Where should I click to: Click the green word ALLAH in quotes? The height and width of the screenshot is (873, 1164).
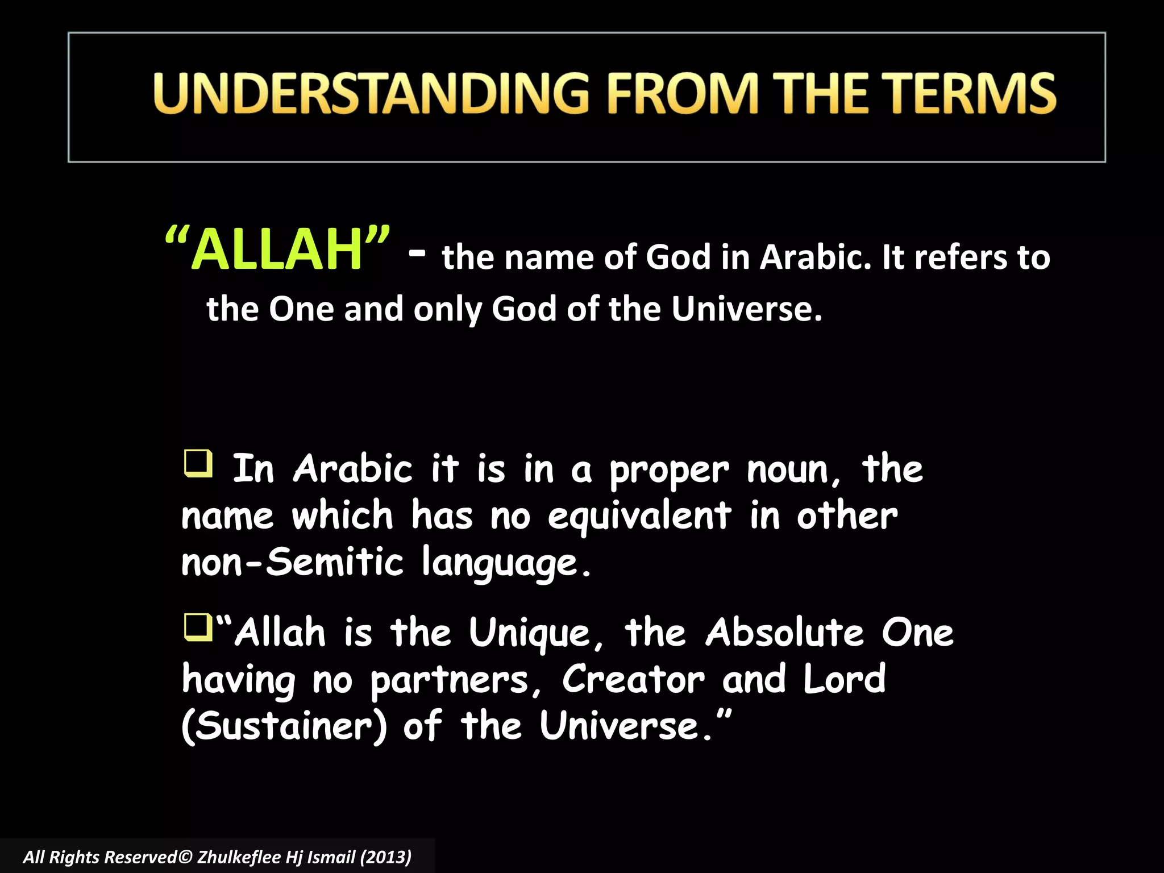[277, 250]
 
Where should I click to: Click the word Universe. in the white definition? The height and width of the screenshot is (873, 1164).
[746, 310]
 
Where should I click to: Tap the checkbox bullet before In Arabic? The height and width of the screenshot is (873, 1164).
[198, 463]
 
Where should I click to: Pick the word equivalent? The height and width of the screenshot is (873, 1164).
[639, 516]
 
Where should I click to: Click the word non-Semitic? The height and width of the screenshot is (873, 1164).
[292, 562]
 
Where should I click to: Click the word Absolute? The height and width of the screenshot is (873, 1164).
[785, 633]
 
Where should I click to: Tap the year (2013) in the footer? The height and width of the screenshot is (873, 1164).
[386, 857]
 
